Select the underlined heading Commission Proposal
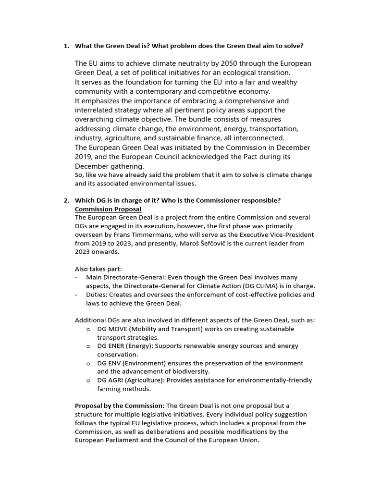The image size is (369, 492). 108,209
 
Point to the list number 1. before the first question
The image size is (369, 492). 67,46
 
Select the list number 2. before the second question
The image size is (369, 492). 67,200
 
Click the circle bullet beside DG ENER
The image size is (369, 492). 88,346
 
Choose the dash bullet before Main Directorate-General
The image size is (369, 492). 77,277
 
